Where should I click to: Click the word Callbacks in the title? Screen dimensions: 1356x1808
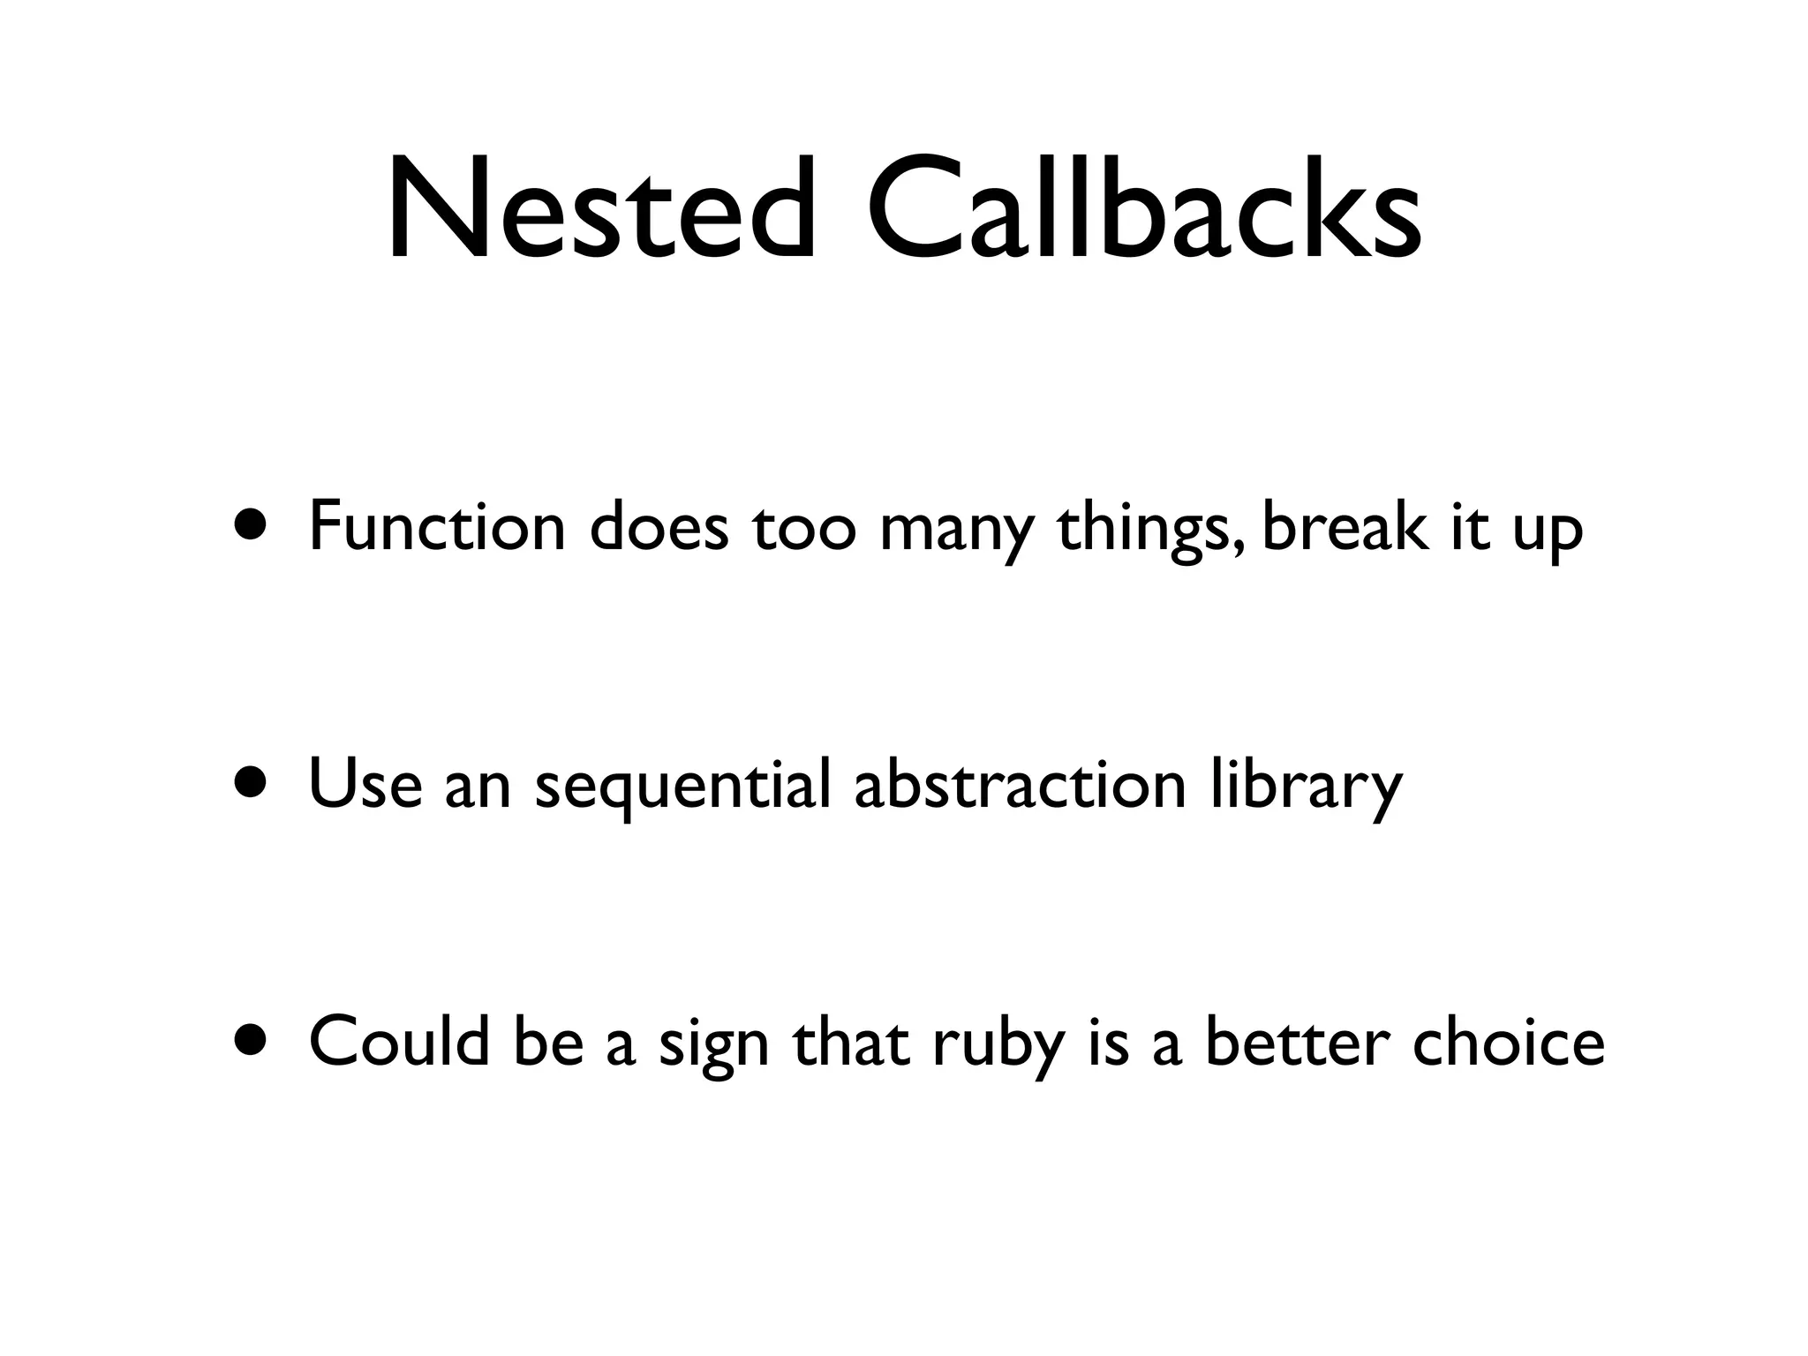point(1144,209)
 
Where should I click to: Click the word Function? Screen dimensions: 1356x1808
point(437,527)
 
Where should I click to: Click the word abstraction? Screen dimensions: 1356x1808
point(1020,784)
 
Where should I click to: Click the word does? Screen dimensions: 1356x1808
point(659,527)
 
